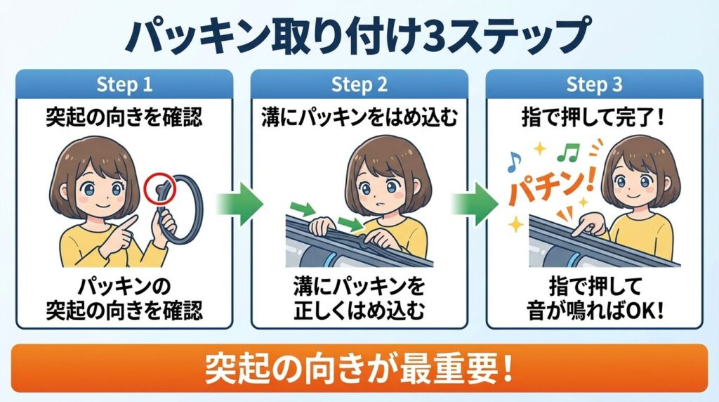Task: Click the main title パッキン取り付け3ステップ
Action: [359, 34]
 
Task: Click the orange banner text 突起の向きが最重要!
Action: [359, 367]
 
